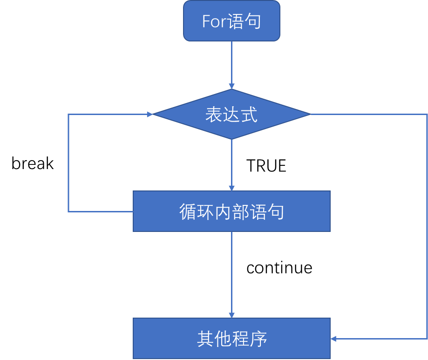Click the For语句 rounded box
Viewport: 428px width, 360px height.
click(x=231, y=21)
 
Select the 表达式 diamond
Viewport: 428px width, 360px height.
click(x=231, y=114)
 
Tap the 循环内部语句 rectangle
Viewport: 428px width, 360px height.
click(x=231, y=211)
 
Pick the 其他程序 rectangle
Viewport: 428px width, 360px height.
click(x=231, y=338)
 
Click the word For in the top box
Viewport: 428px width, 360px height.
click(x=214, y=21)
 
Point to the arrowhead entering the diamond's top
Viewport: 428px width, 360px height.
click(x=231, y=86)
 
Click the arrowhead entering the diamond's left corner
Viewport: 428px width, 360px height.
click(x=149, y=114)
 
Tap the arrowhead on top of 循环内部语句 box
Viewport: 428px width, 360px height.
click(x=231, y=188)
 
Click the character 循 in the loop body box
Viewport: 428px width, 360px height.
click(x=188, y=212)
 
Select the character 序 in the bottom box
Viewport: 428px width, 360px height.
click(x=258, y=339)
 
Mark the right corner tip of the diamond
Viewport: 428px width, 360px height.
click(x=310, y=114)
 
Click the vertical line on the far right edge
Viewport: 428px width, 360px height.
click(x=427, y=224)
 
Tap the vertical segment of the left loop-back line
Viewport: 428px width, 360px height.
click(x=68, y=163)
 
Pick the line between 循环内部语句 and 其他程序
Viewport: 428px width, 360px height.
click(x=231, y=272)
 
